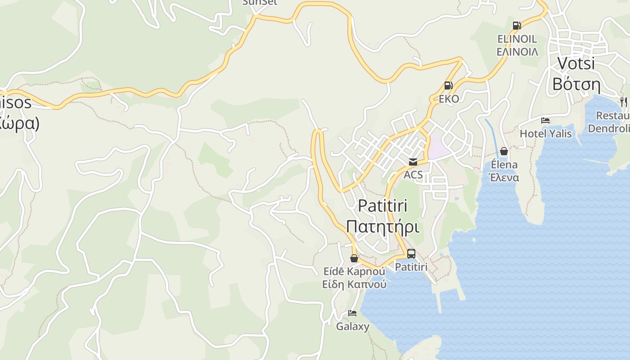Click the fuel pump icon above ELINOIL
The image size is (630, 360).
pos(517,26)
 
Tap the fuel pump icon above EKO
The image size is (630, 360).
pos(448,85)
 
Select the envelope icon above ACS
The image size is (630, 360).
pos(413,162)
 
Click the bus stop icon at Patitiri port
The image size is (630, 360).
pos(411,254)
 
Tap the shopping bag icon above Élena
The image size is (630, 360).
pos(504,151)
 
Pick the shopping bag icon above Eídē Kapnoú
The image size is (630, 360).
pos(354,258)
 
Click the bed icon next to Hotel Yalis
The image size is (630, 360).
pos(545,121)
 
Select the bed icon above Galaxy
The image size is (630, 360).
pos(352,313)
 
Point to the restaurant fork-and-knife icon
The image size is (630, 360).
pos(623,102)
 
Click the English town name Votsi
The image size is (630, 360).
pos(576,63)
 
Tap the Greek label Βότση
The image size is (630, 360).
pos(576,84)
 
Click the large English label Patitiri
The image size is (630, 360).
pos(382,206)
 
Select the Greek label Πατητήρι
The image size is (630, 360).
pos(382,226)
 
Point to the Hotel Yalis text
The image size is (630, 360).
pos(545,134)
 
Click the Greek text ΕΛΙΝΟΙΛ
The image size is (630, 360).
pos(517,52)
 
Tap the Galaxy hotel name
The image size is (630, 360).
pos(352,327)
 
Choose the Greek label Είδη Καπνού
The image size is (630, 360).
pos(354,284)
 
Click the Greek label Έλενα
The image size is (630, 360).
pos(504,177)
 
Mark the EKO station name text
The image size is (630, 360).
pos(449,99)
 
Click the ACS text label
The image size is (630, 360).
pos(413,175)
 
